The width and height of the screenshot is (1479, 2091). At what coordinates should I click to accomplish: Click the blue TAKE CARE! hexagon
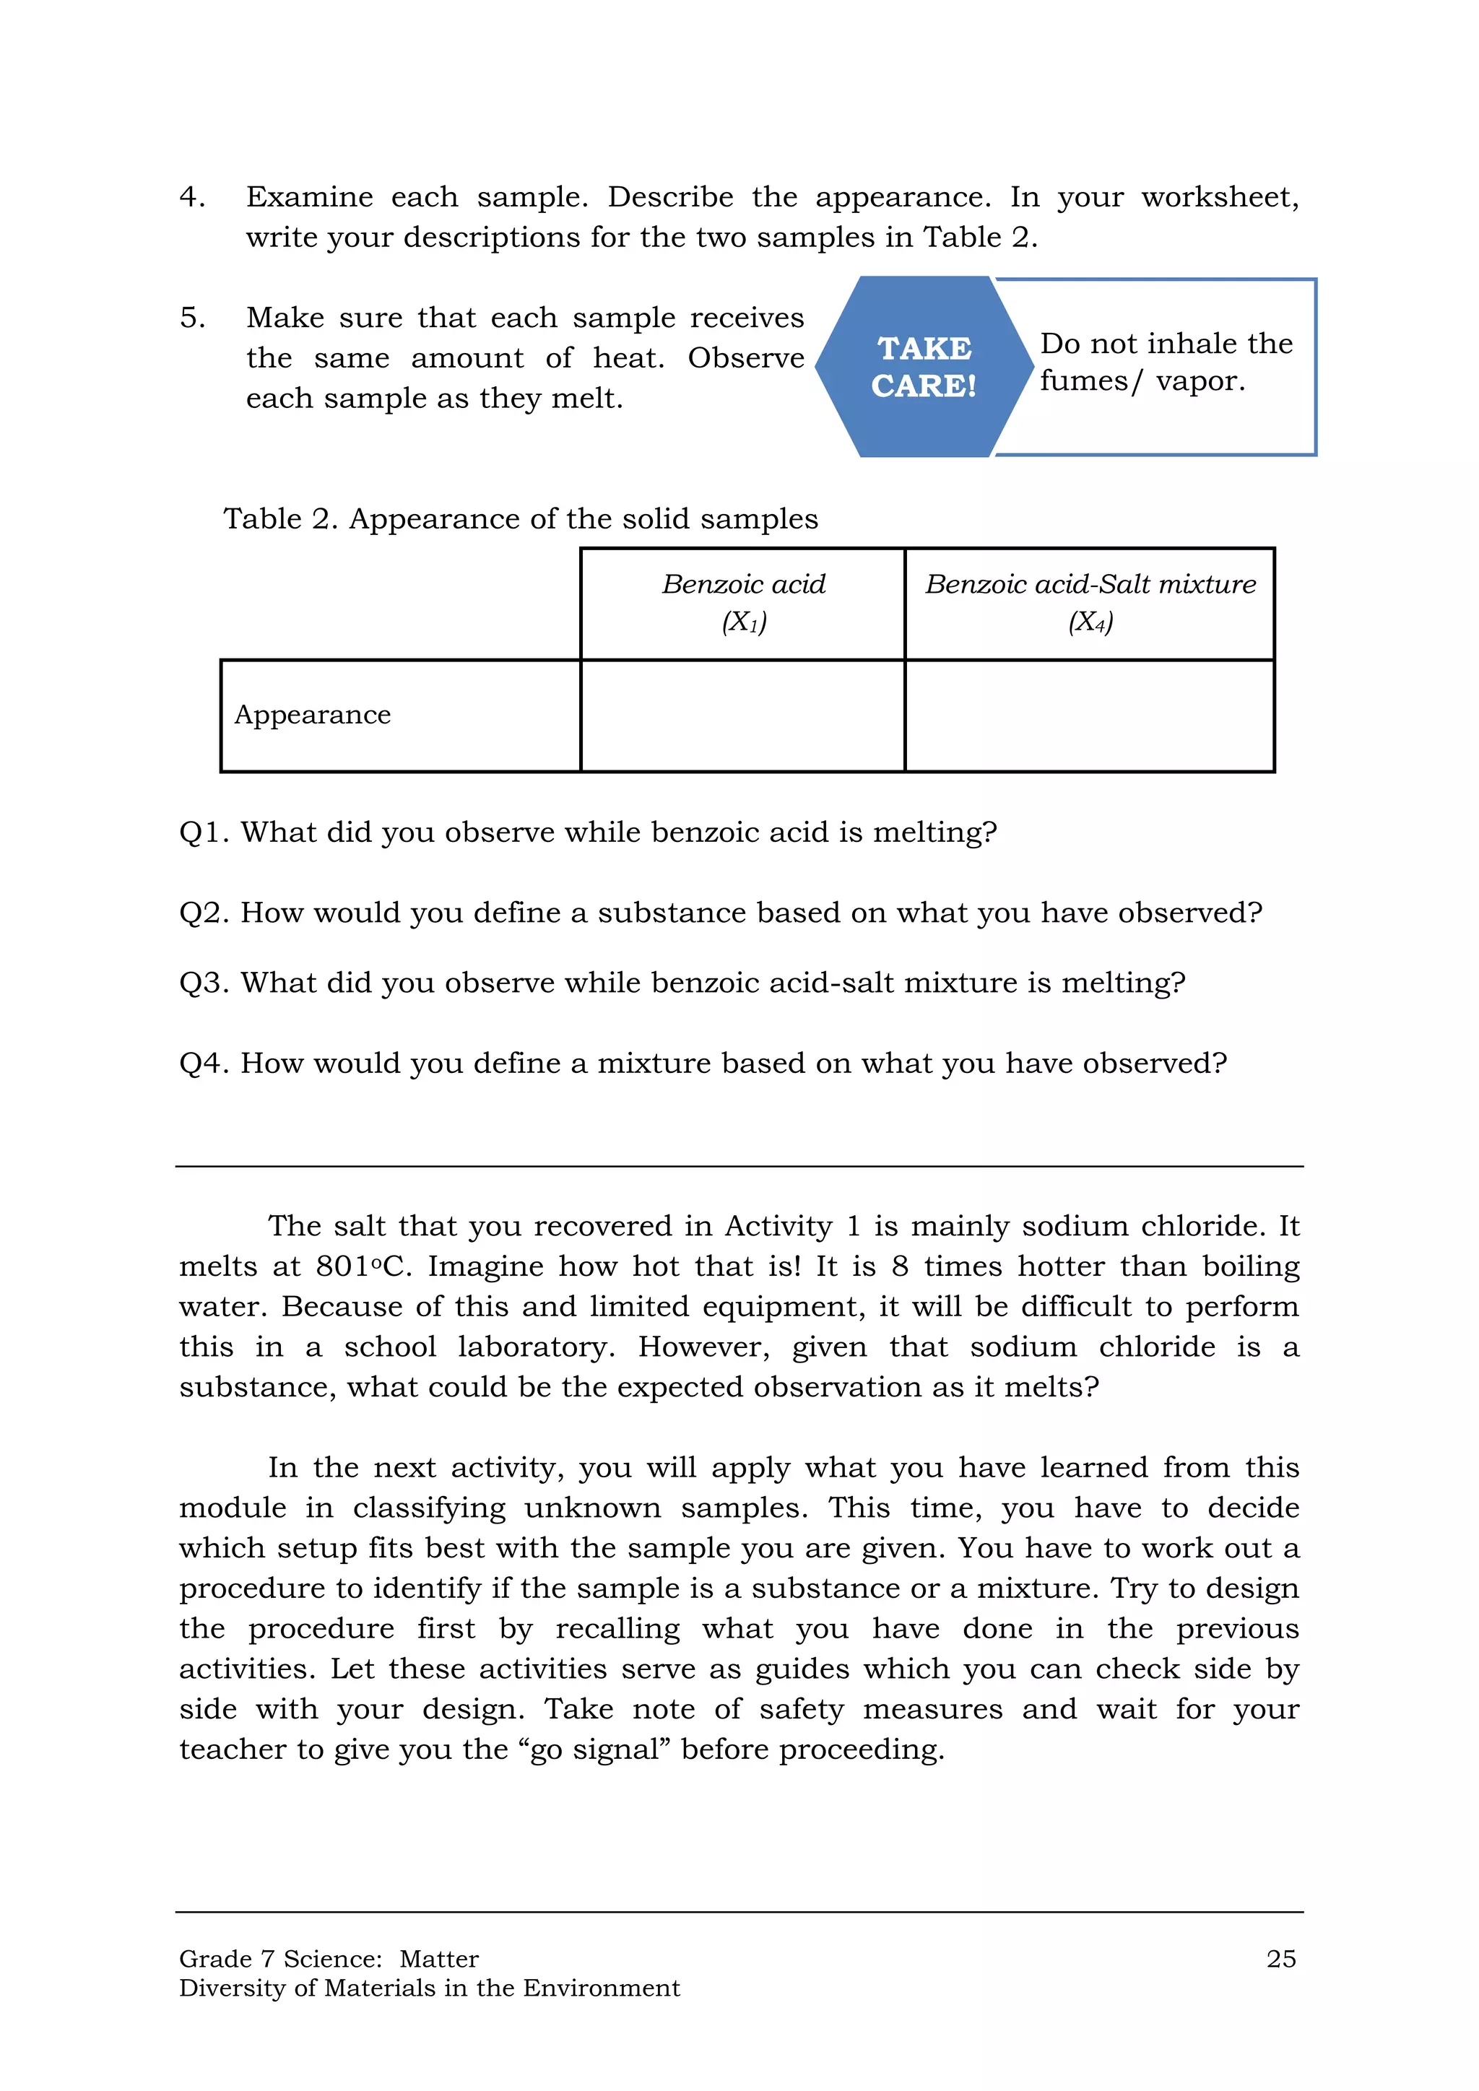coord(924,366)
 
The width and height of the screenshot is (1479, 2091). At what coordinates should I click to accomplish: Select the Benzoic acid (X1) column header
coord(743,602)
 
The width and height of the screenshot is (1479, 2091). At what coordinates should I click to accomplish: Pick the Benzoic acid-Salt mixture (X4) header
coord(1090,602)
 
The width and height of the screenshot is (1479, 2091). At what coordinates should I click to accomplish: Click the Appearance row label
coord(313,715)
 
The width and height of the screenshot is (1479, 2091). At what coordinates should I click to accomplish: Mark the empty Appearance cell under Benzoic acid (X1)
coord(743,716)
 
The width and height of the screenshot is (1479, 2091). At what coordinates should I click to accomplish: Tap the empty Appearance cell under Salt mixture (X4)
coord(1090,716)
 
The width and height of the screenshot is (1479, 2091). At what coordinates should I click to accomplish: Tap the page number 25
coord(1280,1959)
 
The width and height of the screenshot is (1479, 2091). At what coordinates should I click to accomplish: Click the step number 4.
coord(191,196)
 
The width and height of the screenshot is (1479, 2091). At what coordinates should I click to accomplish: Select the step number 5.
coord(191,318)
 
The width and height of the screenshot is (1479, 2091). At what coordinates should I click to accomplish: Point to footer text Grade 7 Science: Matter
coord(329,1959)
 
